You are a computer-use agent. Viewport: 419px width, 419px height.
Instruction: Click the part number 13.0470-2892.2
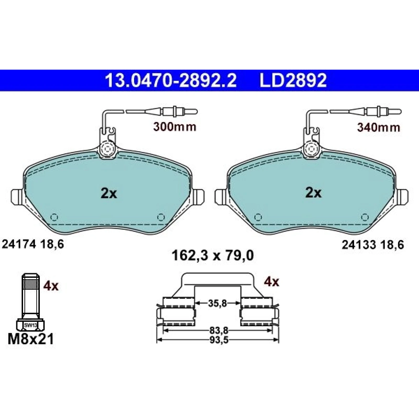pos(171,80)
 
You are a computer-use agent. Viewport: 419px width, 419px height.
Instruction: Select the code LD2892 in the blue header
pos(293,80)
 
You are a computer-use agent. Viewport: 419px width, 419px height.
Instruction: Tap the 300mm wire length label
pos(175,127)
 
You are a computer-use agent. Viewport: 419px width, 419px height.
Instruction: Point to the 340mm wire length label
pos(379,128)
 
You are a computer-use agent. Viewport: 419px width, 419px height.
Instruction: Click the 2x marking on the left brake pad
pos(109,194)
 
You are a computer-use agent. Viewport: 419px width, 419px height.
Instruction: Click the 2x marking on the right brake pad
pos(313,193)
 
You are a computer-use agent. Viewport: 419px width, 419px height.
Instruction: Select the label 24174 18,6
pos(33,245)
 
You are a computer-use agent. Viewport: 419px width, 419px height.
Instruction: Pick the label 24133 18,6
pos(373,245)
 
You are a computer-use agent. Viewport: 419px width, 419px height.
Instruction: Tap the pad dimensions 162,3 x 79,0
pos(212,256)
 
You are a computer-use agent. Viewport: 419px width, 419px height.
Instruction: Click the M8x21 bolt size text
pos(31,339)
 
